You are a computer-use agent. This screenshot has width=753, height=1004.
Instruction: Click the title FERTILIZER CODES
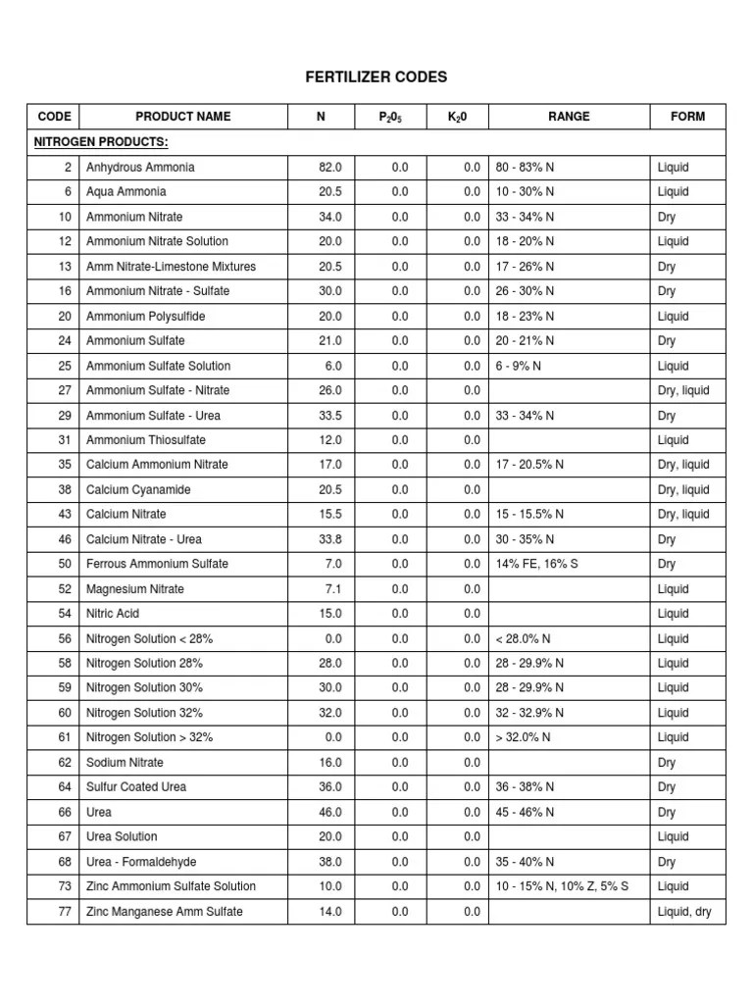pyautogui.click(x=376, y=77)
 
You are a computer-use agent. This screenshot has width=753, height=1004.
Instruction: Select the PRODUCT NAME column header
pyautogui.click(x=183, y=117)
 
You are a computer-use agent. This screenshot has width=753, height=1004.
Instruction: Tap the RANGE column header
pyautogui.click(x=569, y=117)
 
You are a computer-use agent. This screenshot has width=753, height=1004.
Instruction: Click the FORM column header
pyautogui.click(x=687, y=117)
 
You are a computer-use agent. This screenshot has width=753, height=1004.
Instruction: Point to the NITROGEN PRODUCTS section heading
pyautogui.click(x=101, y=142)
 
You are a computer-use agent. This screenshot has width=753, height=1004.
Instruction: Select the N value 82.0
pyautogui.click(x=330, y=168)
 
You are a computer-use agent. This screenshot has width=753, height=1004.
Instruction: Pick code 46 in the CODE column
pyautogui.click(x=65, y=539)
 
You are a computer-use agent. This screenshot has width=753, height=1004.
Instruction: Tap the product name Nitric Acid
pyautogui.click(x=113, y=614)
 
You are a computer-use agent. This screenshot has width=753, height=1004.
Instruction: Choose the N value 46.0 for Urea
pyautogui.click(x=330, y=812)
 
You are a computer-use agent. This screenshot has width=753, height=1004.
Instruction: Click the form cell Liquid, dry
pyautogui.click(x=684, y=912)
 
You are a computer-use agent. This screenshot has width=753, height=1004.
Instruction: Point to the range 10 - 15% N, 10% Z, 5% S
pyautogui.click(x=563, y=886)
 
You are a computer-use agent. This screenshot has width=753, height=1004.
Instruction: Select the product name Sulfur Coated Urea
pyautogui.click(x=136, y=786)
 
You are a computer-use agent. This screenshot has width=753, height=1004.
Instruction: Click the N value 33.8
pyautogui.click(x=330, y=539)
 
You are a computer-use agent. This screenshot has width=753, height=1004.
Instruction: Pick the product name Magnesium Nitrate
pyautogui.click(x=135, y=589)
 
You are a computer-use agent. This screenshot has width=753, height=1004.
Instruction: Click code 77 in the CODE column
pyautogui.click(x=65, y=912)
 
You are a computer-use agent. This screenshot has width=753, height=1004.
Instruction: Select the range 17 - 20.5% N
pyautogui.click(x=529, y=465)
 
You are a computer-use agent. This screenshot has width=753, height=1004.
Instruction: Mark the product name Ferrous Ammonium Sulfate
pyautogui.click(x=157, y=564)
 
